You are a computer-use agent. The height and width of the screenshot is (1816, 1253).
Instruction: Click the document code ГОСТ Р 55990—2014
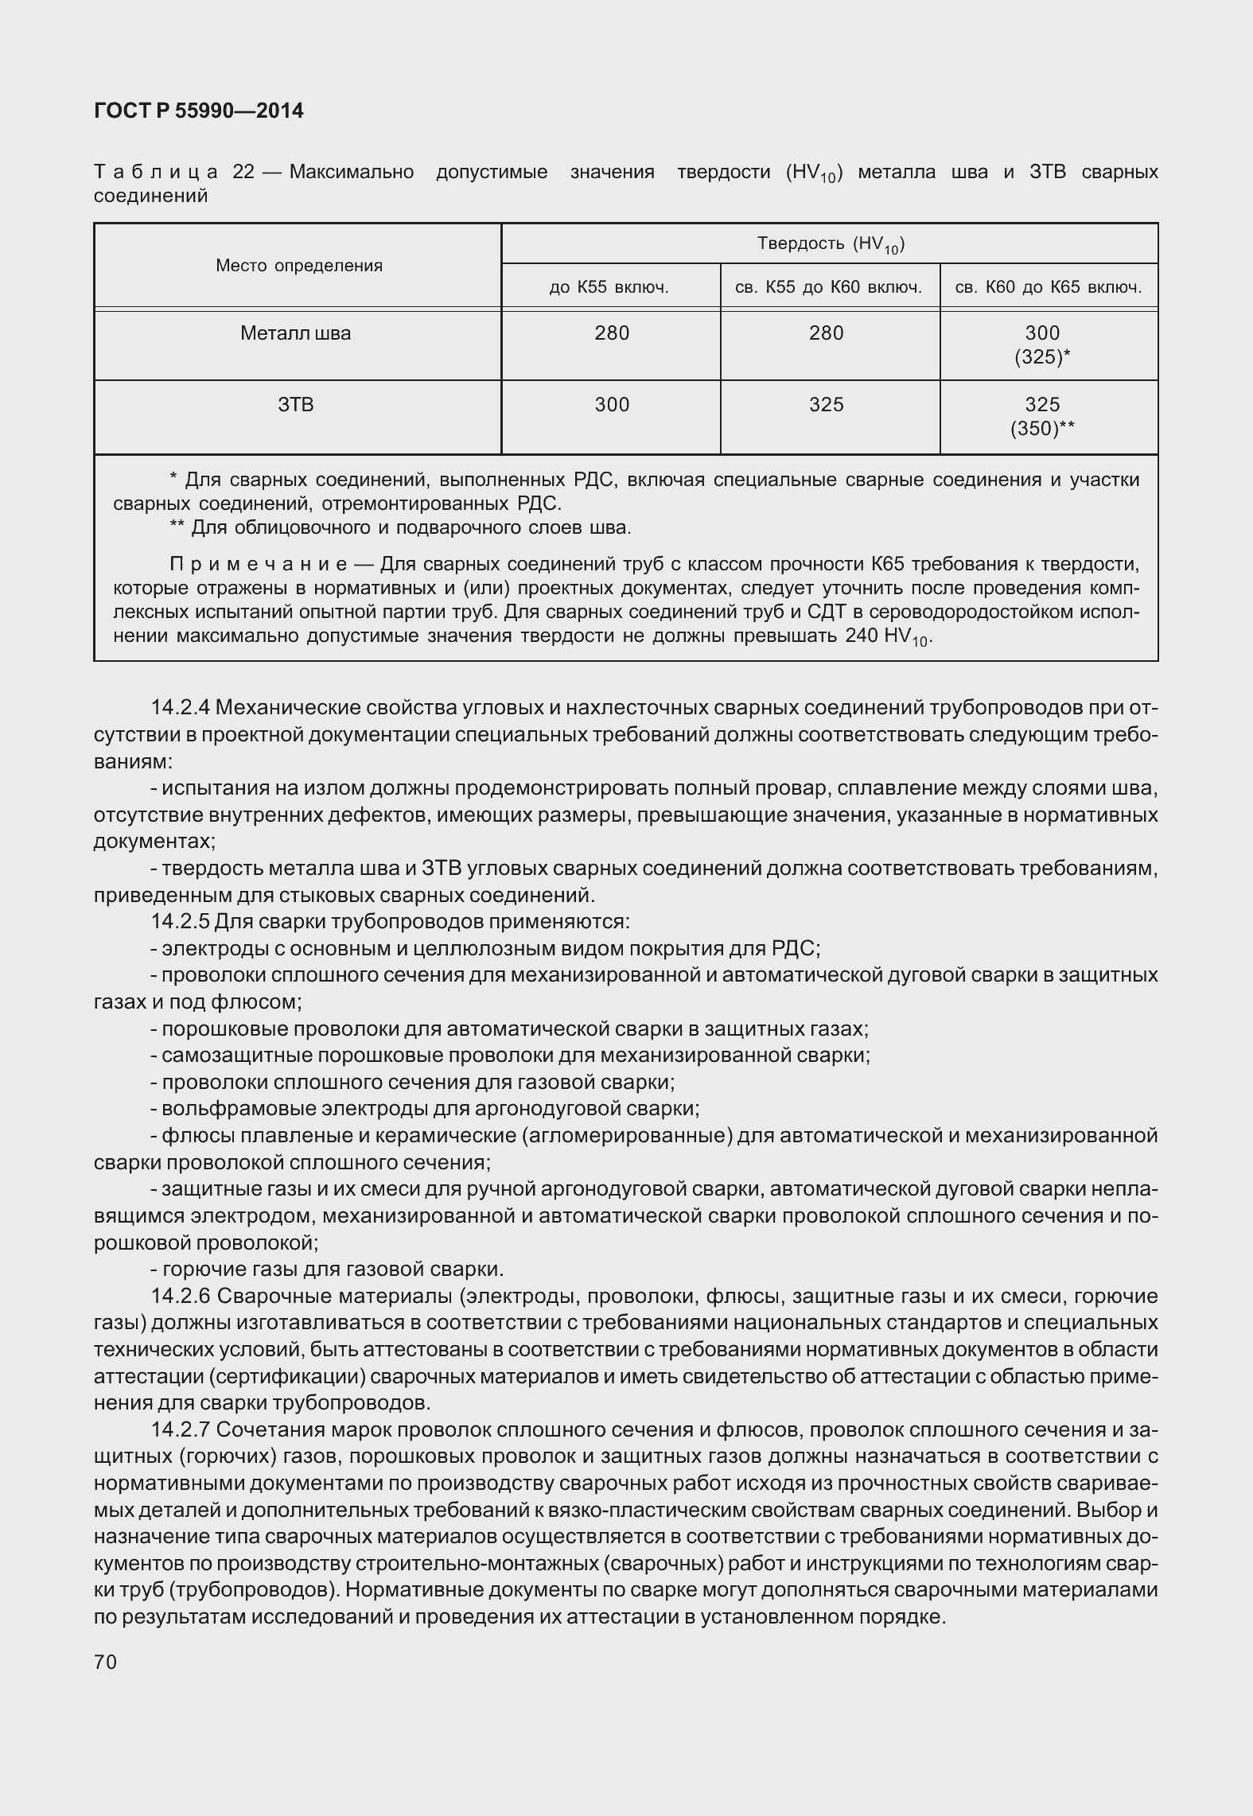[198, 111]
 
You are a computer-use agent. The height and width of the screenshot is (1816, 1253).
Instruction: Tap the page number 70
[105, 1662]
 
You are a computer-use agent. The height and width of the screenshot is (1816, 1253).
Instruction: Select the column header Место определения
[298, 266]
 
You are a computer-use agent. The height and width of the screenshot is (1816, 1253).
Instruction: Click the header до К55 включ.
[609, 287]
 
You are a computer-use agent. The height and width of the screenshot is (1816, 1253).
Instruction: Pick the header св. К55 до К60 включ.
[828, 287]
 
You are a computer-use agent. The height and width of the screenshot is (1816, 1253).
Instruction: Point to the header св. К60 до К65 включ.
[1048, 287]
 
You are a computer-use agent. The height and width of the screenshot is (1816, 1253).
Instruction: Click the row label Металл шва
[295, 333]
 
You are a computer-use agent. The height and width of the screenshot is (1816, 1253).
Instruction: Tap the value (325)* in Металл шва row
[1042, 357]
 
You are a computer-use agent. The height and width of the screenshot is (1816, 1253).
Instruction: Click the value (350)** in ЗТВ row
[1042, 429]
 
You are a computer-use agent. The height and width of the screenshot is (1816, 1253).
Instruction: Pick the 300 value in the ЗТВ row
[612, 405]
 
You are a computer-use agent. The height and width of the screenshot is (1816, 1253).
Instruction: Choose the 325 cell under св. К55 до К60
[826, 405]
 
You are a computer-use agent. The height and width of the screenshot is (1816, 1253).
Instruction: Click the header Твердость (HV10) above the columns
[831, 244]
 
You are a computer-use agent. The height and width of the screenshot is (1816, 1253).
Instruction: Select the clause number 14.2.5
[181, 921]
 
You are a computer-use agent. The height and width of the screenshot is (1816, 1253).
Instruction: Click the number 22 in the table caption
[243, 172]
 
